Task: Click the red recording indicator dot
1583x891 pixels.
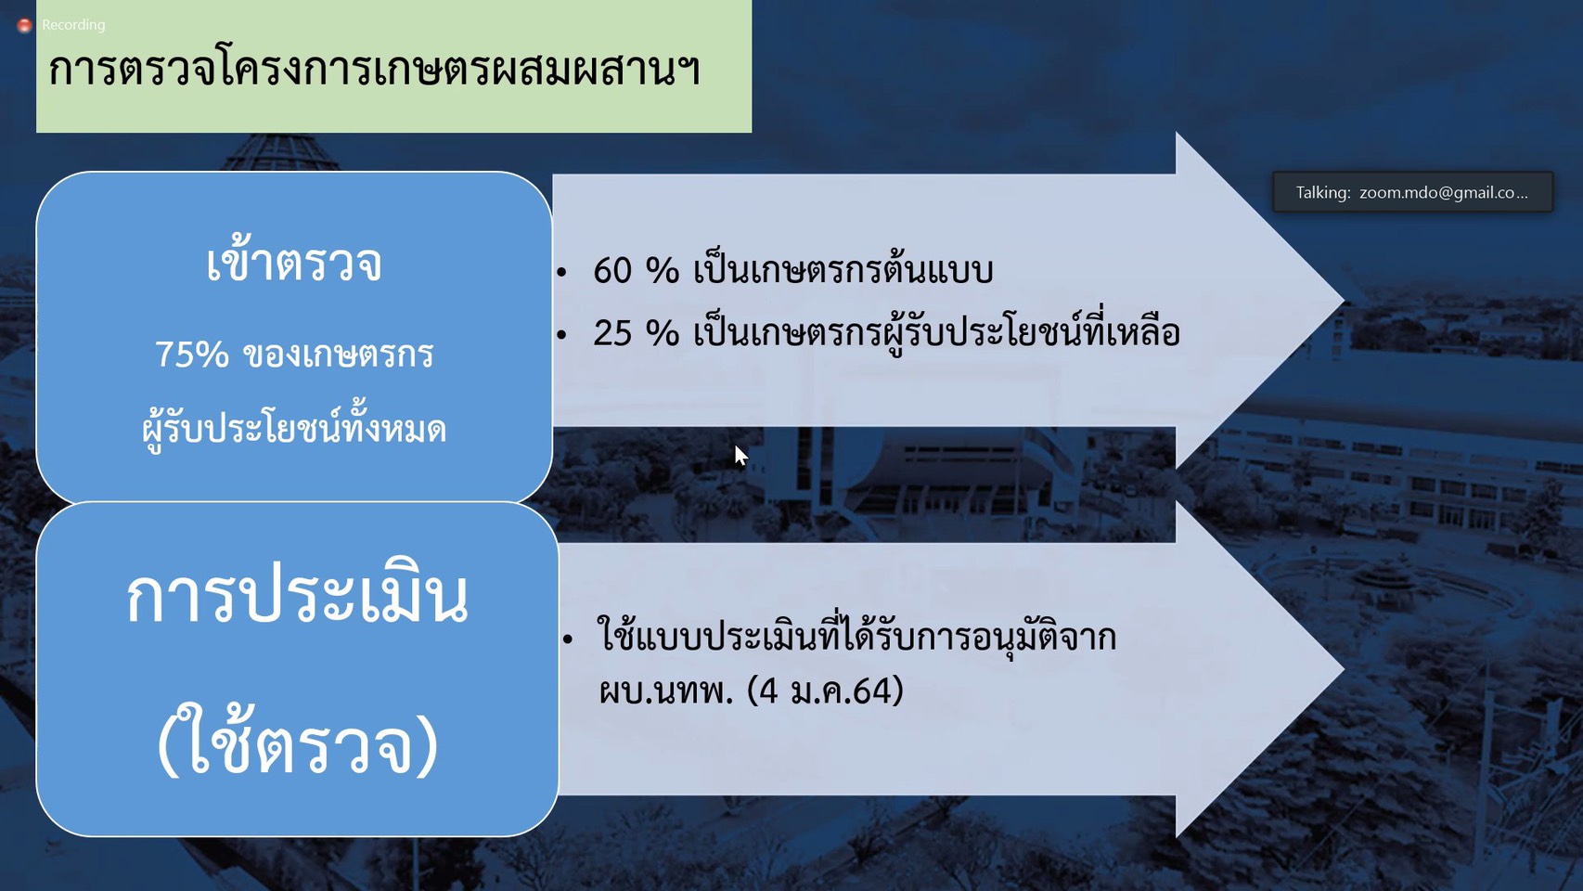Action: [25, 25]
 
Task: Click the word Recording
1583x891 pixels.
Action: [73, 25]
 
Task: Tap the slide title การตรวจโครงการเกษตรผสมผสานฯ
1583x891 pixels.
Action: [375, 70]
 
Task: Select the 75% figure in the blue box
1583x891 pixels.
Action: [192, 355]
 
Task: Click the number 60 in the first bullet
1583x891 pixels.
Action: [612, 271]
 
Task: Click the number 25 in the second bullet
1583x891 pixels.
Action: [612, 333]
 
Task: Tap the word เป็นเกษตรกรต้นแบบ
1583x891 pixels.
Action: [843, 269]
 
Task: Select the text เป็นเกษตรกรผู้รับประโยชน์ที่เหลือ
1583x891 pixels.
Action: [936, 332]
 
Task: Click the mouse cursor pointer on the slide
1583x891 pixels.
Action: [740, 456]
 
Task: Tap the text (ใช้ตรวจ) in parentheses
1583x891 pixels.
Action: [297, 741]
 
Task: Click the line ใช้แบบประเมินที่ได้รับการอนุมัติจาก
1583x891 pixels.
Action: [857, 634]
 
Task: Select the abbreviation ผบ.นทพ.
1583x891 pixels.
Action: [665, 691]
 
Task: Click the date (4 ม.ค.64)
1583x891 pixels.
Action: [825, 691]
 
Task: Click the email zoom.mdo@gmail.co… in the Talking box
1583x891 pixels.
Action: [1443, 192]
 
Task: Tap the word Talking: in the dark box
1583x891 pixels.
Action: [1323, 192]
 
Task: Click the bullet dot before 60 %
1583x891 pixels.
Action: [561, 272]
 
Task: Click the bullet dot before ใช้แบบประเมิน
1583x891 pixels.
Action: [568, 639]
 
